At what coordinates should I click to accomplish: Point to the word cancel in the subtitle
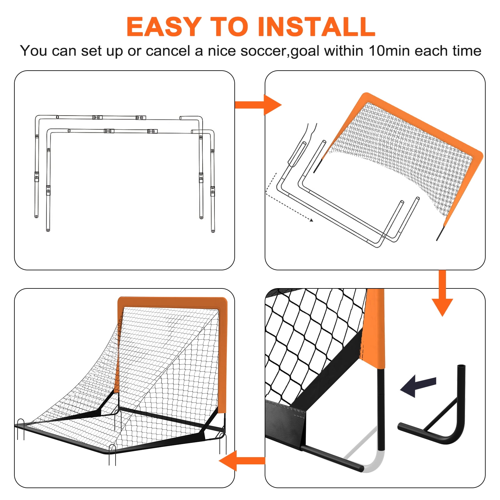(168, 51)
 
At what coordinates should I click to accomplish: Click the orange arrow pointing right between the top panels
(258, 105)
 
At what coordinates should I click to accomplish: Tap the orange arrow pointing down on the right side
(442, 293)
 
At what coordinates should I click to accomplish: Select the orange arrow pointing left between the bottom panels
(242, 461)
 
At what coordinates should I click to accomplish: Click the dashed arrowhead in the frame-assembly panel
(311, 220)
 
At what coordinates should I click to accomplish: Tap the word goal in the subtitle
(305, 51)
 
